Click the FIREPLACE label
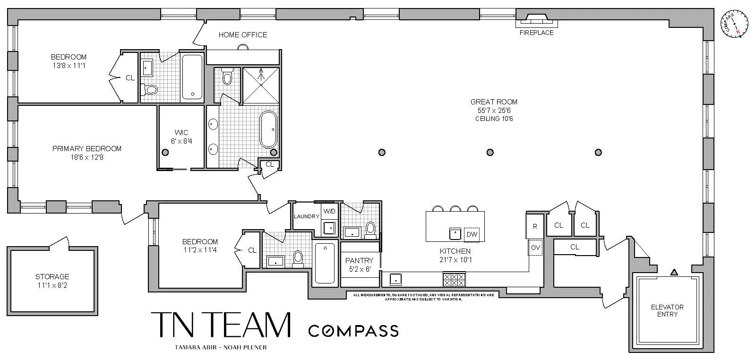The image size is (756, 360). tap(536, 33)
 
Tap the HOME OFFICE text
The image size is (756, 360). tap(242, 35)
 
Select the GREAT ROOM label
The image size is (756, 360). tap(494, 102)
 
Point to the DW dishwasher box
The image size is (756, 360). tap(472, 234)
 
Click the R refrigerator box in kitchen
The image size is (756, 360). tap(535, 226)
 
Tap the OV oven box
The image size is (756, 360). tap(535, 248)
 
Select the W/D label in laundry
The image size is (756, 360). tap(329, 211)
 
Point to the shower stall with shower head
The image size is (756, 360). tap(260, 85)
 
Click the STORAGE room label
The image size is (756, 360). tap(52, 277)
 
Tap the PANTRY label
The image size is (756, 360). tap(359, 261)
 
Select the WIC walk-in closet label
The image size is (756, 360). tap(181, 132)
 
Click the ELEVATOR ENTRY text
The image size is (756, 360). tap(667, 310)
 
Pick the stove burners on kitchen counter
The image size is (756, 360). tap(454, 280)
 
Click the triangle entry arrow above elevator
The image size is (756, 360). tap(674, 272)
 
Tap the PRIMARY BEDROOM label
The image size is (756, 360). tap(87, 149)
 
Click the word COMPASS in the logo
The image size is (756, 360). tap(353, 331)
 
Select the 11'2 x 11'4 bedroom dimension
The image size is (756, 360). tap(200, 250)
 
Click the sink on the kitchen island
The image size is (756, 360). tap(455, 234)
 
